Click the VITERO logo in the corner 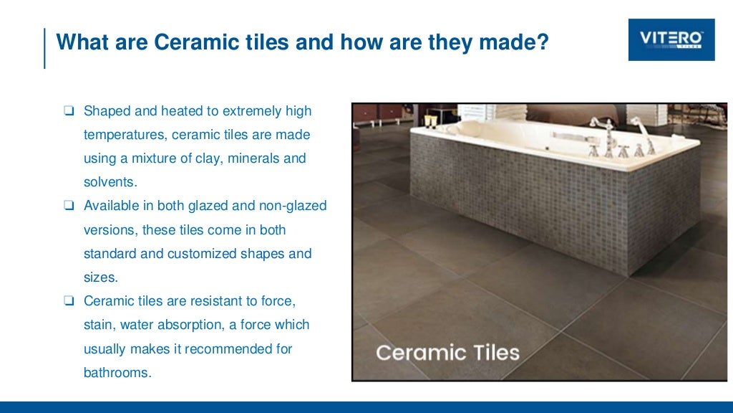671,39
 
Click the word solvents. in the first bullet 110,182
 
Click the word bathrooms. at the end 117,371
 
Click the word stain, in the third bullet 99,324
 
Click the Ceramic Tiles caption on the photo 447,353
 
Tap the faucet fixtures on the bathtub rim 619,141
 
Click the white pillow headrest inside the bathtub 476,130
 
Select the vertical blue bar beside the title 44,48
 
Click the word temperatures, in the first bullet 125,135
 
